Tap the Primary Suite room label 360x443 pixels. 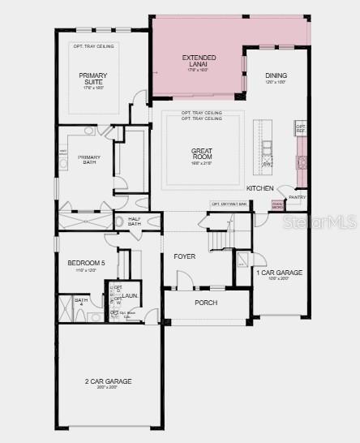[93, 79]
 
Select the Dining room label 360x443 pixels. [276, 76]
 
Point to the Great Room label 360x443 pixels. [202, 153]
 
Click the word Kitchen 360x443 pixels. [260, 188]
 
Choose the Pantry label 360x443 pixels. [298, 196]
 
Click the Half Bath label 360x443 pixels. [135, 221]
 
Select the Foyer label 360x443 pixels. [185, 256]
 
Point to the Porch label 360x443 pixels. [206, 303]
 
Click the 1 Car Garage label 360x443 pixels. [280, 274]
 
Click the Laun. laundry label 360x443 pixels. [131, 296]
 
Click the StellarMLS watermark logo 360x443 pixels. [324, 221]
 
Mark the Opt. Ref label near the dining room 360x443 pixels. [300, 128]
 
